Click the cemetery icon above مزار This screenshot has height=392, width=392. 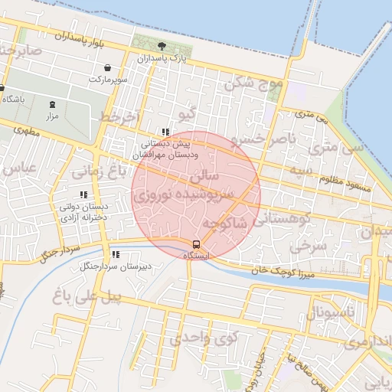point(52,104)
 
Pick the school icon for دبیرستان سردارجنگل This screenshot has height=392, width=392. point(116,254)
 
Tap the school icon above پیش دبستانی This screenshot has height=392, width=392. point(165,132)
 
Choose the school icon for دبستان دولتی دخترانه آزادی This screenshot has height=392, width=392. point(83,194)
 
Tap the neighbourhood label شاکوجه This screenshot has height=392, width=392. point(225,223)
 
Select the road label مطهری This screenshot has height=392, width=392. point(25,131)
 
